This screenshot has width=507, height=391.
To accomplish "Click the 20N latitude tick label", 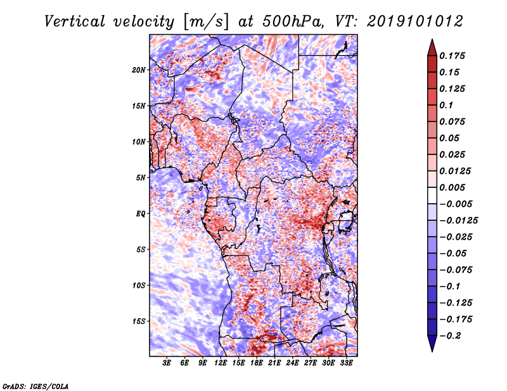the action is [139, 70].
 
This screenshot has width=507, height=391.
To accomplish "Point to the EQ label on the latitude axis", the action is [141, 214].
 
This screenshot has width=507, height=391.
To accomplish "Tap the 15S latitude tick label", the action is [139, 321].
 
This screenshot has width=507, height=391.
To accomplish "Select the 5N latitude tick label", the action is [141, 178].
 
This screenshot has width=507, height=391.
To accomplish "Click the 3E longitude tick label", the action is [167, 363].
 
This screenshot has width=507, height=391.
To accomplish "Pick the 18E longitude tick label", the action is [257, 363].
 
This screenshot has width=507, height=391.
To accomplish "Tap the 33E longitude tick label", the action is [346, 363].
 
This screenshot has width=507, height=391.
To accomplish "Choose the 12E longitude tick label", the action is [221, 363].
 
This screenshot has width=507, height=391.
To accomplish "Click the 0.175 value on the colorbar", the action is [452, 56].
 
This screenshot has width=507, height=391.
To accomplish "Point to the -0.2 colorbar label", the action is [450, 336].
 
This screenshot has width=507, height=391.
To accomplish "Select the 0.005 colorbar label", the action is [452, 187].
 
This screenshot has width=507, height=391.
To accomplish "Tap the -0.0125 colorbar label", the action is [458, 221].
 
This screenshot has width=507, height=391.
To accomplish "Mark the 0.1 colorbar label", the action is [446, 105].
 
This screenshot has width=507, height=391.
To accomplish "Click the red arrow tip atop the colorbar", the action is [432, 40].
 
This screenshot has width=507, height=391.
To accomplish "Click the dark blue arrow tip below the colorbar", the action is [432, 351].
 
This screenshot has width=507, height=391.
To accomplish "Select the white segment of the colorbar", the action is [432, 195].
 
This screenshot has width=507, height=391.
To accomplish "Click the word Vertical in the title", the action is [75, 22].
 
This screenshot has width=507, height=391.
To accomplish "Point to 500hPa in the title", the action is [293, 22].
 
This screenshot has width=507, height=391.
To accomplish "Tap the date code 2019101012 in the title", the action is [415, 22].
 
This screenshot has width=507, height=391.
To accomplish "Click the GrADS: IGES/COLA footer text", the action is [35, 386].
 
